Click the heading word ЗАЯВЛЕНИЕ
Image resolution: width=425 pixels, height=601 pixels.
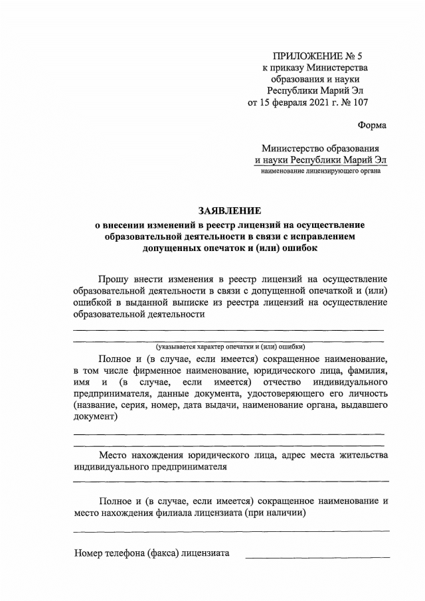230,211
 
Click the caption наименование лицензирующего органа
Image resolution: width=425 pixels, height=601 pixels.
320,171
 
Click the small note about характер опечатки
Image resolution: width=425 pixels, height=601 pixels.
230,347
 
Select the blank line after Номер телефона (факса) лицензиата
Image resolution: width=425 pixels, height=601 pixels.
317,556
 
